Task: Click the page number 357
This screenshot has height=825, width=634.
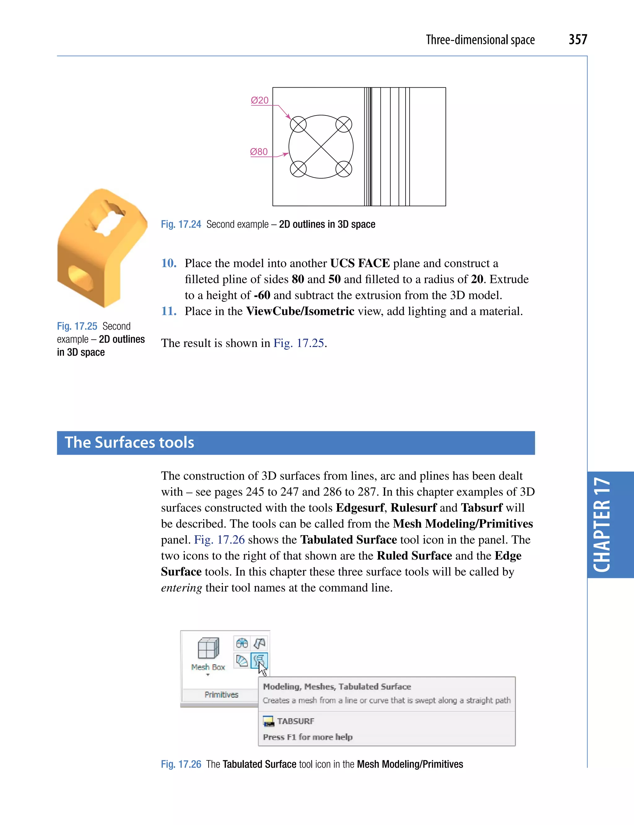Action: [x=578, y=39]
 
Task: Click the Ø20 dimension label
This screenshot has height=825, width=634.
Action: [x=260, y=100]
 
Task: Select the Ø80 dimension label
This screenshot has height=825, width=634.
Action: [x=259, y=152]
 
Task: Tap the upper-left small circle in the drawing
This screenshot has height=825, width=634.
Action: [x=298, y=124]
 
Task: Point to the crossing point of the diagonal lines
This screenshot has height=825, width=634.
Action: [x=321, y=146]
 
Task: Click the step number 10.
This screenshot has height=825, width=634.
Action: [x=169, y=263]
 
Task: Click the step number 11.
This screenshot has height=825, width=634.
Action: [x=169, y=311]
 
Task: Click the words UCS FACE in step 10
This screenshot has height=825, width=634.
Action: [x=360, y=263]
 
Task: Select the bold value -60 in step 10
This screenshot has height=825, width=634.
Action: [x=262, y=295]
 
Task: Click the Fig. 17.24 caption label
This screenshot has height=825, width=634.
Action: [x=181, y=224]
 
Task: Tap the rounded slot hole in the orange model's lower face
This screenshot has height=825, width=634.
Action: [x=80, y=277]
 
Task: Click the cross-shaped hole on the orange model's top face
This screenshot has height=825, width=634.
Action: [x=109, y=218]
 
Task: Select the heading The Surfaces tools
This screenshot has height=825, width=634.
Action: [x=129, y=442]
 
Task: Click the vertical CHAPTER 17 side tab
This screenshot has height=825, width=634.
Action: [x=603, y=525]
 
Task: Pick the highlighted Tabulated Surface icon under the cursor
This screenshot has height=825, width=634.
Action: [x=259, y=660]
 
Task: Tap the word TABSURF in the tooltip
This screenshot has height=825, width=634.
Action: [x=296, y=721]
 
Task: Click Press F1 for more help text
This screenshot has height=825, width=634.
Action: [x=308, y=737]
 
